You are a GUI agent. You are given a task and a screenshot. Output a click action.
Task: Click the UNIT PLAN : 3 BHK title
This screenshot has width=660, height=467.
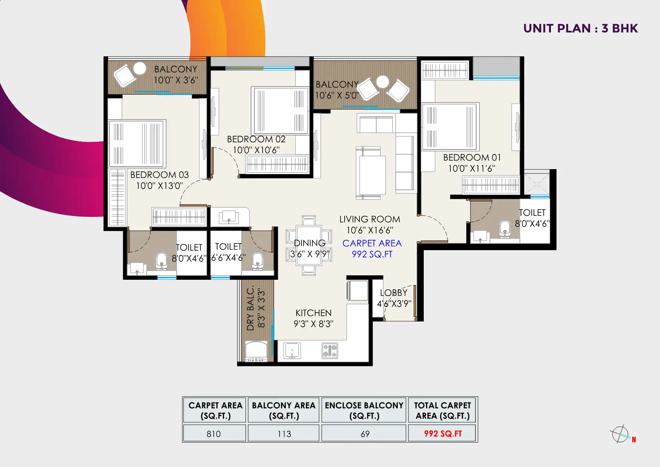(x=580, y=28)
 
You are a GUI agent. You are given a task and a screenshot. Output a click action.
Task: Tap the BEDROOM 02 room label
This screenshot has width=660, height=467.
(x=256, y=140)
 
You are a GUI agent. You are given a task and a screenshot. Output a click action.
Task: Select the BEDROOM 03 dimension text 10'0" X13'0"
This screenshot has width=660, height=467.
(x=159, y=186)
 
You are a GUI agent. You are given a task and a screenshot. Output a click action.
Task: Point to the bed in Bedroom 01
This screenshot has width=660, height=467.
(x=450, y=127)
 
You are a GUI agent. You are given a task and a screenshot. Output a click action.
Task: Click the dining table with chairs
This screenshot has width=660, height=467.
(x=309, y=245)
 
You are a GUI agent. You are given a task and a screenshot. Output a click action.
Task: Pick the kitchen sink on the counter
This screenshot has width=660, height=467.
(x=292, y=350)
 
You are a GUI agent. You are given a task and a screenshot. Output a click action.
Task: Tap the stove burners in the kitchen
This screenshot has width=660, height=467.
(x=330, y=351)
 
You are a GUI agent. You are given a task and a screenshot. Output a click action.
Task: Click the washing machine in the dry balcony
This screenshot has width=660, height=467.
(x=256, y=352)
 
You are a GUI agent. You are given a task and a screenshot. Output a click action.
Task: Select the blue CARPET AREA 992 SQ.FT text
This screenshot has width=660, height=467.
(x=372, y=249)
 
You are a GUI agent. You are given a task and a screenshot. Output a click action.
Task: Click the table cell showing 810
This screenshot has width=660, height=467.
(x=214, y=434)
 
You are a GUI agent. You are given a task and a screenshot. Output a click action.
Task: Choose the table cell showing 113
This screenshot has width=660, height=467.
(x=284, y=434)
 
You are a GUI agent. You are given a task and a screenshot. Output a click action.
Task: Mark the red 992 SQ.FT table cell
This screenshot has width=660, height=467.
(x=443, y=434)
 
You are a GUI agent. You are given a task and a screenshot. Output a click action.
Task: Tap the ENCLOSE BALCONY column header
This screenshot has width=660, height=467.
(x=364, y=410)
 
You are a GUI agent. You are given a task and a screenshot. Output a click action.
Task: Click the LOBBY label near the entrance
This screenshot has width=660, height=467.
(x=393, y=293)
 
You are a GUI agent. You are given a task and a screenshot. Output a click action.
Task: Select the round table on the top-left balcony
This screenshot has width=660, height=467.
(x=140, y=68)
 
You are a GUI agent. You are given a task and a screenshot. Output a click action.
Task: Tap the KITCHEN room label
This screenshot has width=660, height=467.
(x=313, y=313)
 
